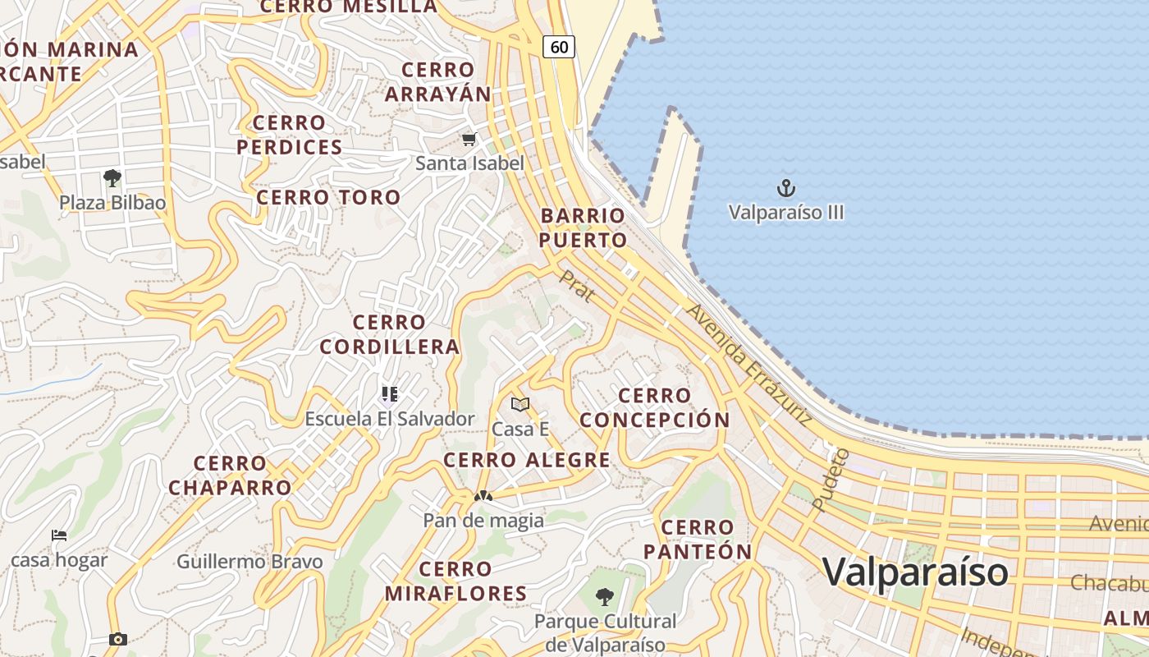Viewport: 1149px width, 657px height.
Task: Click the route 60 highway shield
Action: pyautogui.click(x=559, y=47)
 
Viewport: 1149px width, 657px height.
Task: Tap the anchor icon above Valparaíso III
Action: pyautogui.click(x=786, y=189)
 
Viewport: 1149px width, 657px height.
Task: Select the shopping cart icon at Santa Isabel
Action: pyautogui.click(x=469, y=140)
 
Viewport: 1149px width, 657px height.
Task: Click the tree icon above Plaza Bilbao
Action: pyautogui.click(x=112, y=177)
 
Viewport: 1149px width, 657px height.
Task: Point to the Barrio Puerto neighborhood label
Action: pyautogui.click(x=584, y=227)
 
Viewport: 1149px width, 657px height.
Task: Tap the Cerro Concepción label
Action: pyautogui.click(x=654, y=407)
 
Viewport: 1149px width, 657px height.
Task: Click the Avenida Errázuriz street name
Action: pyautogui.click(x=749, y=365)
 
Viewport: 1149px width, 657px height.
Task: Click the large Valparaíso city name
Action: pyautogui.click(x=915, y=571)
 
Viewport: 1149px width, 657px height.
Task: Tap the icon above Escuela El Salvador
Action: pyautogui.click(x=389, y=395)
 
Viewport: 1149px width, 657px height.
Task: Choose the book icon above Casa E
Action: pyautogui.click(x=520, y=404)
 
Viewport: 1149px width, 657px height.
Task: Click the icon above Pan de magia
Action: pyautogui.click(x=483, y=496)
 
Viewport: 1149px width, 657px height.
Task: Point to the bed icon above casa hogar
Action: pyautogui.click(x=59, y=535)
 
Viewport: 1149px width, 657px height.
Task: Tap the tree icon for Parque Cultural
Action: pyautogui.click(x=605, y=596)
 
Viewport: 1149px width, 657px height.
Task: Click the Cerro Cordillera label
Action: pyautogui.click(x=390, y=334)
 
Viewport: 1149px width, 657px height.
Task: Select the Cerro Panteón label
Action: pyautogui.click(x=698, y=540)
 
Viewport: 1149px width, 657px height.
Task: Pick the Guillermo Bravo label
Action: pyautogui.click(x=249, y=562)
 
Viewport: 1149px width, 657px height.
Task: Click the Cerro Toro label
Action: pyautogui.click(x=328, y=197)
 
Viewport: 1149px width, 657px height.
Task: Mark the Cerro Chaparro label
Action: pyautogui.click(x=230, y=476)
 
